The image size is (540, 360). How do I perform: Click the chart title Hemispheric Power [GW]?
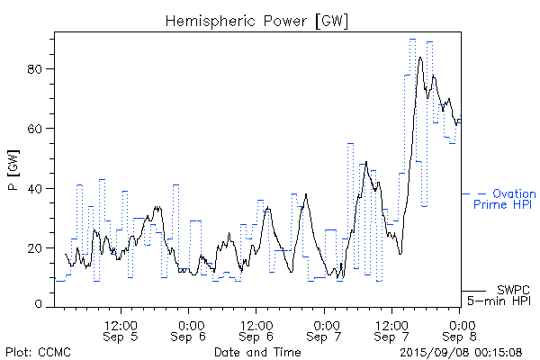pos(256,20)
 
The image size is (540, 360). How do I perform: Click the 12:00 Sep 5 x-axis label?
pos(121,329)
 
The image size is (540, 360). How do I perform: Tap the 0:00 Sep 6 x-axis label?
pos(190,329)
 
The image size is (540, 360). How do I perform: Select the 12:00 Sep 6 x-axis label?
pos(256,329)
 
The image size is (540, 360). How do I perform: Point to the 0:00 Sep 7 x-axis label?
pos(325,329)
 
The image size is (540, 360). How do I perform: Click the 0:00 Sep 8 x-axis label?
pos(460,329)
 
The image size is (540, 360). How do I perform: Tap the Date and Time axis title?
pos(256,351)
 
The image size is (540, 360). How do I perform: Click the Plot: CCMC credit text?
pos(38,351)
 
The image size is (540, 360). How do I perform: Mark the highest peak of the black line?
pos(420,58)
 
